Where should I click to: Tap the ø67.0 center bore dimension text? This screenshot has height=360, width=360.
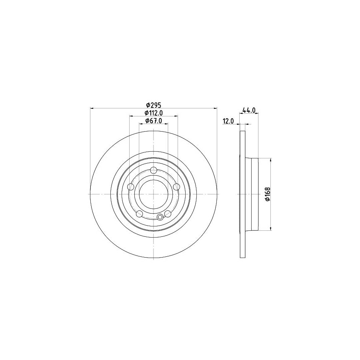tap(153, 121)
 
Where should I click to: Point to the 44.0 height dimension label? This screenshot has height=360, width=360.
tap(249, 110)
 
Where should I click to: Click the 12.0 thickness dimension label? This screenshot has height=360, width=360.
tap(228, 121)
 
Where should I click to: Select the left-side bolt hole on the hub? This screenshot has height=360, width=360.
tap(130, 187)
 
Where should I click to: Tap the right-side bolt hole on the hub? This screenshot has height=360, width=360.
tap(176, 187)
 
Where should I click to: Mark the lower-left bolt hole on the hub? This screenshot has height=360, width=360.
tap(139, 214)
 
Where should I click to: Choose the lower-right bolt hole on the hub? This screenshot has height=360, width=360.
tap(168, 214)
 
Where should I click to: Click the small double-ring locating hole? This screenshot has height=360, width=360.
tap(160, 217)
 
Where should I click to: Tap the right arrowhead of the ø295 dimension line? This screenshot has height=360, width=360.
tap(216, 108)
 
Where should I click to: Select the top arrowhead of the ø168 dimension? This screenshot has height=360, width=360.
tap(272, 159)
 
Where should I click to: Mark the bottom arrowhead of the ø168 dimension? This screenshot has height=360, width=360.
tap(272, 229)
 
